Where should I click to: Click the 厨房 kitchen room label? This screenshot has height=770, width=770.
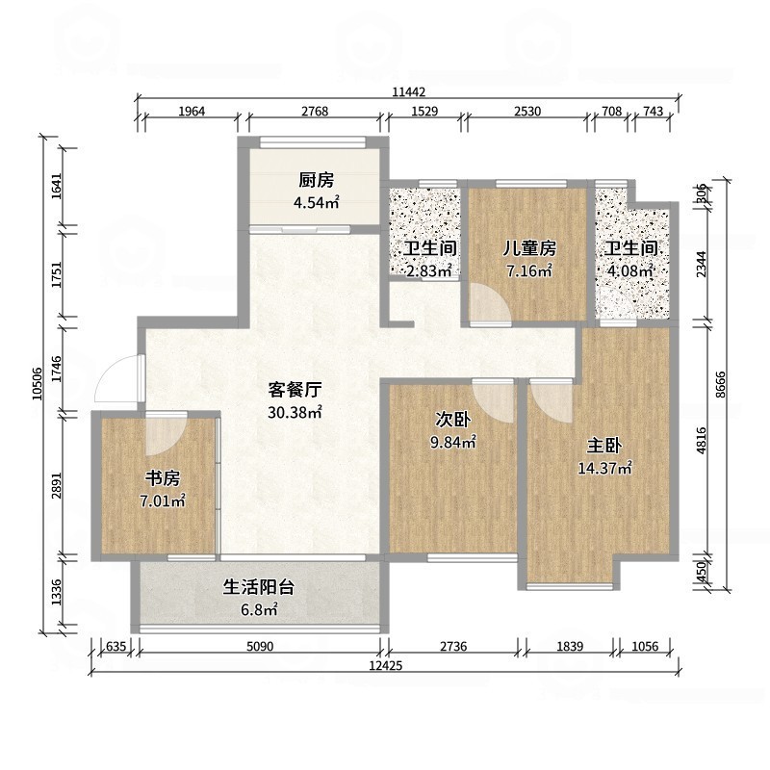[316, 179]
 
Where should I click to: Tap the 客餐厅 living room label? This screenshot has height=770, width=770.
[294, 390]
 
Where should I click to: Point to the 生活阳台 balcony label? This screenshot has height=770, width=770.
[258, 586]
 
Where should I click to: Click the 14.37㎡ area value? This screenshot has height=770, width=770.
[609, 469]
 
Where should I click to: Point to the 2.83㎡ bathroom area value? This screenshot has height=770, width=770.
[428, 271]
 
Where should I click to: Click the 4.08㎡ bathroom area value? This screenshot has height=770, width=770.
[629, 271]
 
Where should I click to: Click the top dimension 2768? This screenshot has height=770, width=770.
[315, 112]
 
